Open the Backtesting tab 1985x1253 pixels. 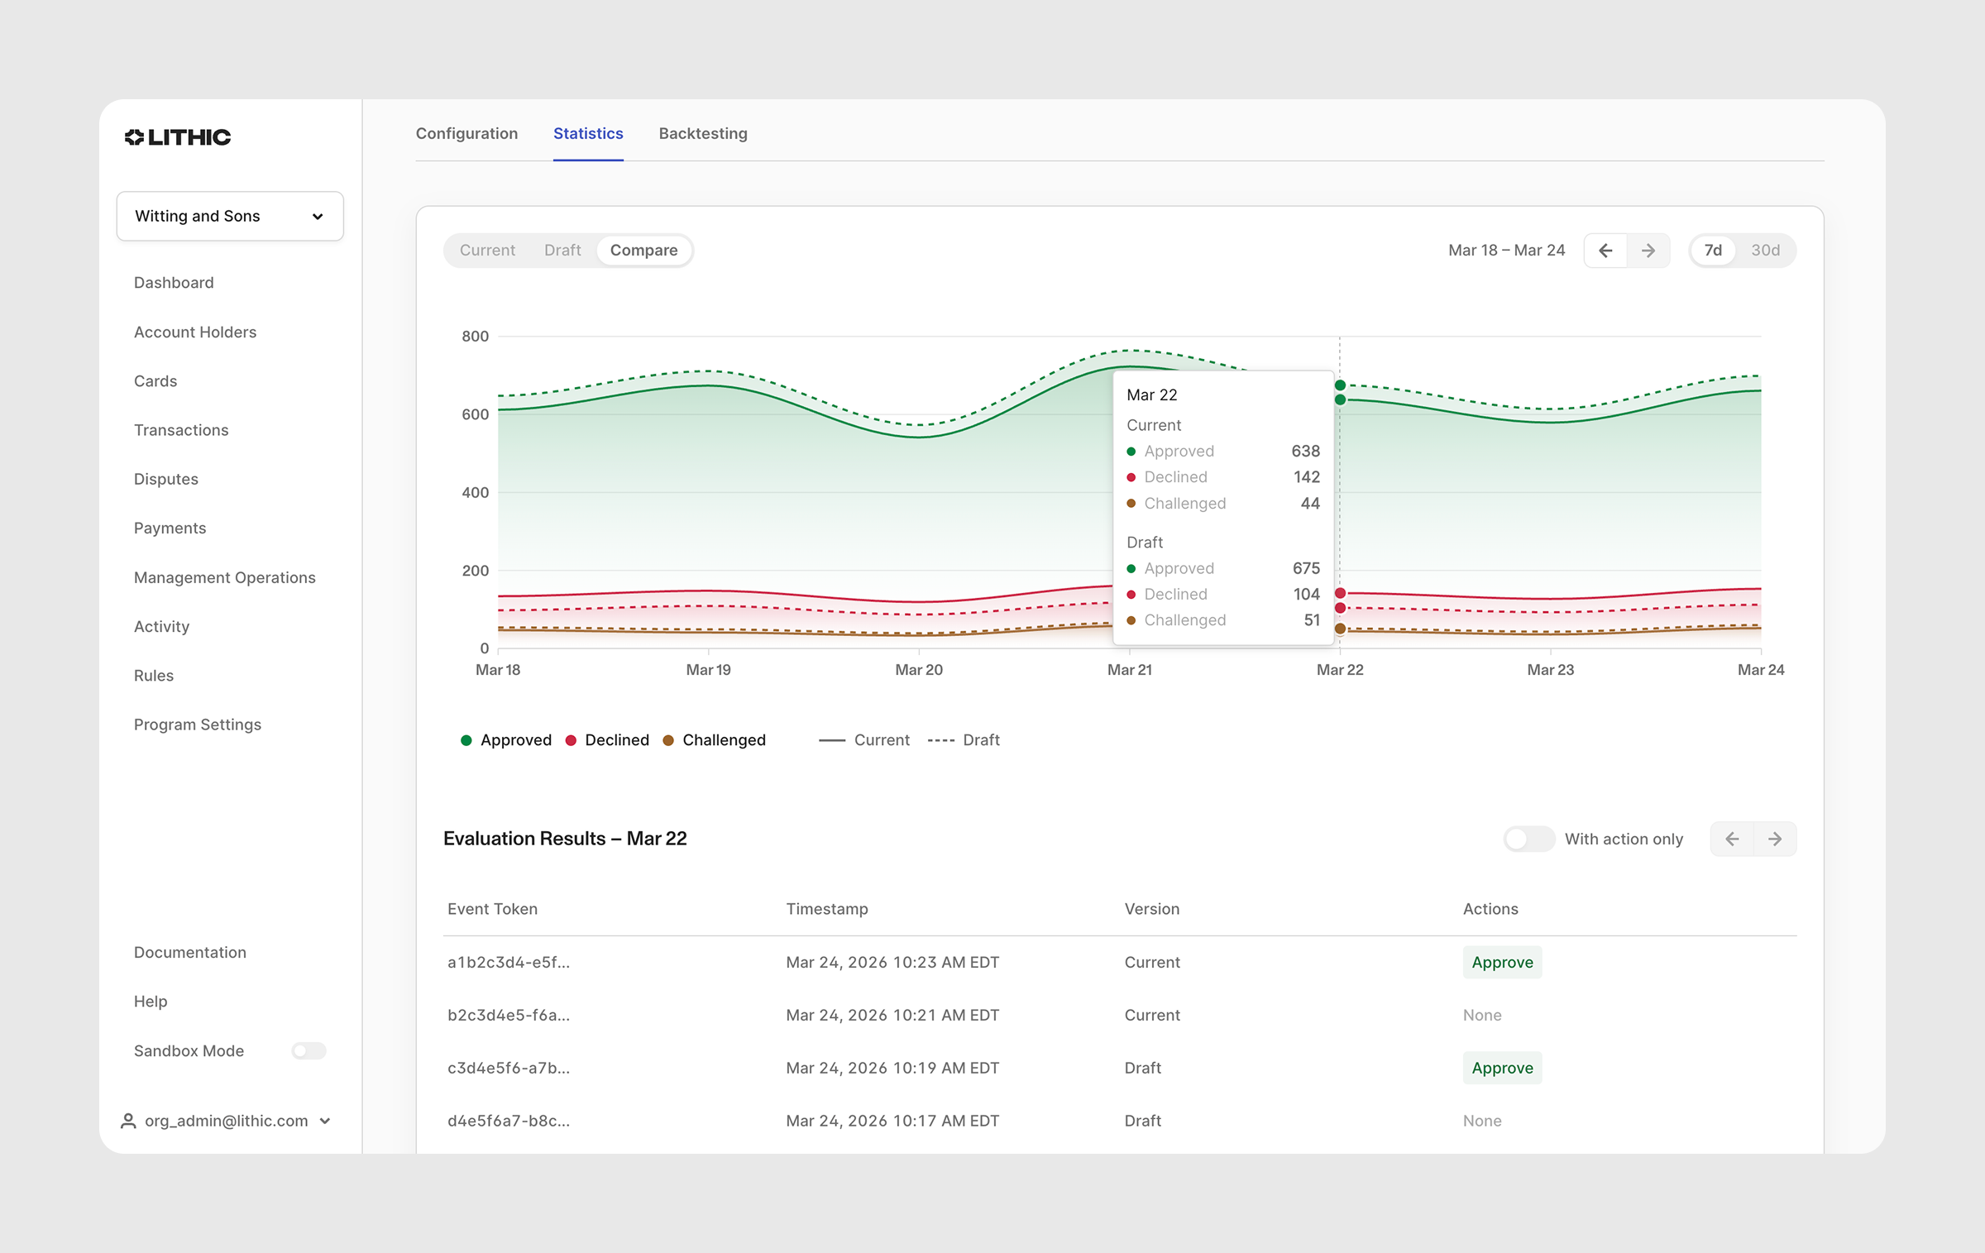(x=703, y=133)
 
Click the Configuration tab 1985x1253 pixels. (x=466, y=133)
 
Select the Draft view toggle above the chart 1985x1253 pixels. (x=562, y=250)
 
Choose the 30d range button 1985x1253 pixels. (x=1765, y=250)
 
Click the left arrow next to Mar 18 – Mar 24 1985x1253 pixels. (x=1605, y=250)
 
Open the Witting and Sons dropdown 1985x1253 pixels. (x=230, y=216)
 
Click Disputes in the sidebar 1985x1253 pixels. (x=166, y=479)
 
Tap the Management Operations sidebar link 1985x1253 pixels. (x=225, y=577)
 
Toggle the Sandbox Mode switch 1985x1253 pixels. (x=309, y=1050)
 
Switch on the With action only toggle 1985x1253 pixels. (x=1528, y=839)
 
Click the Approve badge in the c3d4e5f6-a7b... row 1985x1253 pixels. (x=1502, y=1068)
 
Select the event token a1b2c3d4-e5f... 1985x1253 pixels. (x=509, y=962)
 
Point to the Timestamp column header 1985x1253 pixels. (x=827, y=909)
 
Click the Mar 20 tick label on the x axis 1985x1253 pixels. (x=919, y=670)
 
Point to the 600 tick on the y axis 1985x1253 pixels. (x=475, y=414)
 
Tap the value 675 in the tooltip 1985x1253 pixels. (x=1306, y=568)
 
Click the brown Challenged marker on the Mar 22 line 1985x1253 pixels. (x=1340, y=629)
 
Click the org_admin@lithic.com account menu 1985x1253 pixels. (x=226, y=1121)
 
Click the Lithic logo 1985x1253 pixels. (x=178, y=137)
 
